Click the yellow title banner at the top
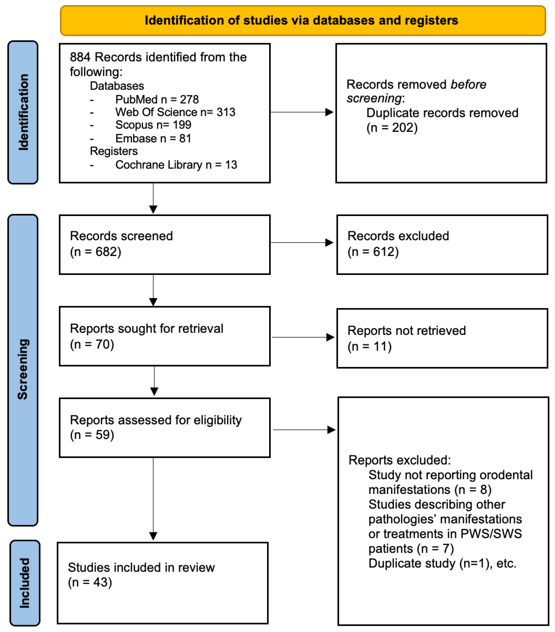click(x=302, y=20)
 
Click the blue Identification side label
click(x=23, y=112)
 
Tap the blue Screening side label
click(x=23, y=370)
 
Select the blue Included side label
click(x=25, y=583)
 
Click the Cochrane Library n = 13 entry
click(x=176, y=165)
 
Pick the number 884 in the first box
click(x=80, y=57)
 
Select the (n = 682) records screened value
click(x=95, y=252)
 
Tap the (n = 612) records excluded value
click(x=373, y=252)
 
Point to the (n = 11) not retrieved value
click(x=369, y=346)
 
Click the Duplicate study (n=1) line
click(x=442, y=563)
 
